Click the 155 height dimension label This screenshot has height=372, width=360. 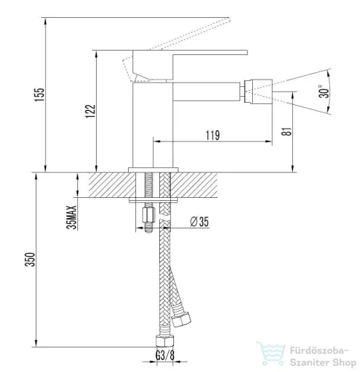(39, 94)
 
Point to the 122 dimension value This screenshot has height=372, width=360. (91, 111)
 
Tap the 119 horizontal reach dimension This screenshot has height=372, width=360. (213, 135)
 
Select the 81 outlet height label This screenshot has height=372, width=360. (287, 131)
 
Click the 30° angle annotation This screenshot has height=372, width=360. (324, 92)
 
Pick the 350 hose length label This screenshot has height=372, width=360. (30, 260)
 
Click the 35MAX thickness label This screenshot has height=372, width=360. (72, 217)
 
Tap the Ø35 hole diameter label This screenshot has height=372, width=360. (199, 222)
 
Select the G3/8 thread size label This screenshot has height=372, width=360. (165, 356)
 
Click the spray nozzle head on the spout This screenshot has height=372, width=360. (258, 92)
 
